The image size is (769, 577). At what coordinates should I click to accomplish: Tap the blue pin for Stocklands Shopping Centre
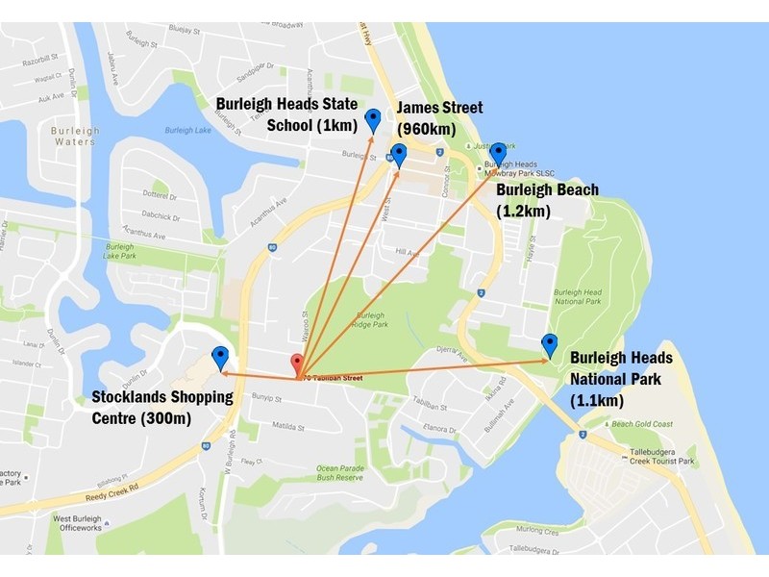[x=220, y=358]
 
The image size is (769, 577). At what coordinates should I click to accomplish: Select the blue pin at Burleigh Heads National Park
[x=550, y=344]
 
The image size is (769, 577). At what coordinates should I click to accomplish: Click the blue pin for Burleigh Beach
[x=498, y=154]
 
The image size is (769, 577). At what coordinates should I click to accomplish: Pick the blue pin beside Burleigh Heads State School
[x=373, y=120]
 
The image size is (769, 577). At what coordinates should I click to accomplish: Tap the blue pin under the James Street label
[x=398, y=155]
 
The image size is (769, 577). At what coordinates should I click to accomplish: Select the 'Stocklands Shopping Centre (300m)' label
[x=161, y=407]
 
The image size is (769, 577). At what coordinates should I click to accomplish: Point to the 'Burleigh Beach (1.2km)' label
[x=547, y=200]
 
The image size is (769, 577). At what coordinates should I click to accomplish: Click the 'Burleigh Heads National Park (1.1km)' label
[x=621, y=378]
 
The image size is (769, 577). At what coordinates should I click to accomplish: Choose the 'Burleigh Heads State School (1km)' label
[x=286, y=114]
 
